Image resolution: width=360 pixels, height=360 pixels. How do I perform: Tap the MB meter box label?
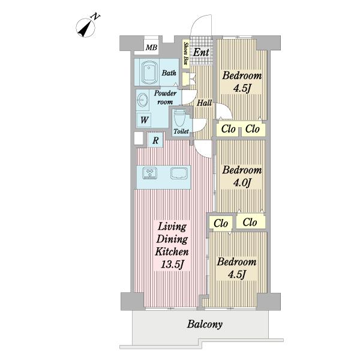(x=152, y=47)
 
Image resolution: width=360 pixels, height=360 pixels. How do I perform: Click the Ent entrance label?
(x=201, y=53)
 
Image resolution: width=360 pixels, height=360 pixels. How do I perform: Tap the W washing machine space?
(x=144, y=120)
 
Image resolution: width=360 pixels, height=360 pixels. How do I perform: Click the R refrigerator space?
(x=155, y=140)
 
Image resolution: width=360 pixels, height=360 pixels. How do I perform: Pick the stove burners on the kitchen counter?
(x=149, y=173)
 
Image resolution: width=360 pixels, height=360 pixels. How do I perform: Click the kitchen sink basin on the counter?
(x=179, y=173)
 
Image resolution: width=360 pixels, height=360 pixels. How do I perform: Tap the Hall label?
(x=204, y=103)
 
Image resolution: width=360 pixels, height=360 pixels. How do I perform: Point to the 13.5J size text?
(x=172, y=265)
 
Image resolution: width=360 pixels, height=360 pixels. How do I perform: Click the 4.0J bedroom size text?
(x=242, y=183)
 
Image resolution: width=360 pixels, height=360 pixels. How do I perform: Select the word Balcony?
(x=205, y=325)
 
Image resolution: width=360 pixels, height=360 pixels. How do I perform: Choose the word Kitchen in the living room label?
(x=172, y=251)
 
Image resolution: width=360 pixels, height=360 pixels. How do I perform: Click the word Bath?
(x=169, y=73)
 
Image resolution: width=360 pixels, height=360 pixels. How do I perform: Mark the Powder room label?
(x=166, y=97)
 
